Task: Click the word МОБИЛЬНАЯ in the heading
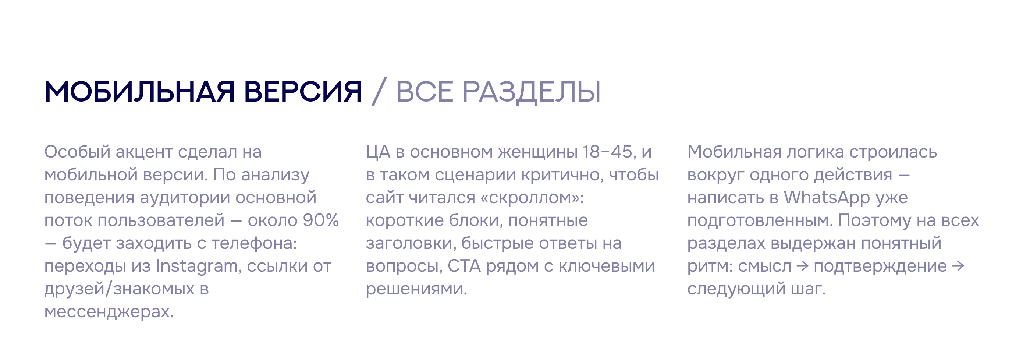139,92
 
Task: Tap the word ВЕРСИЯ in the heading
303,92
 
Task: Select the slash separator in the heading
379,92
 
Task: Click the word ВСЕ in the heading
424,92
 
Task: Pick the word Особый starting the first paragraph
77,152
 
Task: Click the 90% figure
321,220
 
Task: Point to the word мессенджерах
109,312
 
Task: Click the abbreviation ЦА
378,152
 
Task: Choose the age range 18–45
607,152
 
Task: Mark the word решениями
416,289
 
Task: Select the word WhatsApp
827,198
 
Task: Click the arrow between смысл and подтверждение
803,267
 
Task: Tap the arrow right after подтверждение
958,267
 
